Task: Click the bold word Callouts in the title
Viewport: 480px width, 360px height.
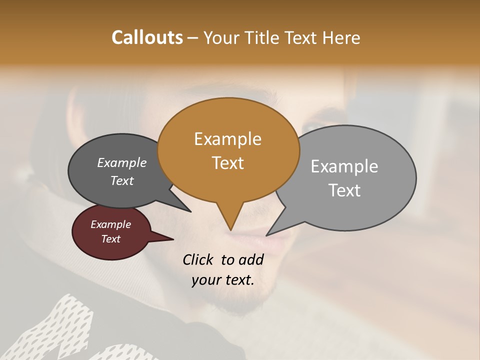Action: pos(147,37)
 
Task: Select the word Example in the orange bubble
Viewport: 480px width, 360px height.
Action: pos(227,139)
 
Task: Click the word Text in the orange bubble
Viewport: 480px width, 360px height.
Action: pos(228,163)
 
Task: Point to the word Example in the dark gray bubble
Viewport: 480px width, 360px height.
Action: pos(122,162)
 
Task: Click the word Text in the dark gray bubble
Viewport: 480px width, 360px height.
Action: pos(122,180)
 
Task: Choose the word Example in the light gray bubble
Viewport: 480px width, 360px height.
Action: pos(344,166)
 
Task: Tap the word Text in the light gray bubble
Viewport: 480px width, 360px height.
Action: pos(344,190)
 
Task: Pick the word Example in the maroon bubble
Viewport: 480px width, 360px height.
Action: pos(111,224)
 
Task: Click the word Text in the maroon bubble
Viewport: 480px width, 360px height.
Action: pos(111,239)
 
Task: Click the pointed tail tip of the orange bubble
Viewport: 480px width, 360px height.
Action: pos(230,229)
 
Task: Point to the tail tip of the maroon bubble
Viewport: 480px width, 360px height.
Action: pos(172,239)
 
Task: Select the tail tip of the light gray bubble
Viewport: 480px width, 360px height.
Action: pos(267,234)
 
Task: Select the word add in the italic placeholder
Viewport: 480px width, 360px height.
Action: pos(252,260)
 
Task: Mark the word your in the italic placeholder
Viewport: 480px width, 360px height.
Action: pos(206,280)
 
